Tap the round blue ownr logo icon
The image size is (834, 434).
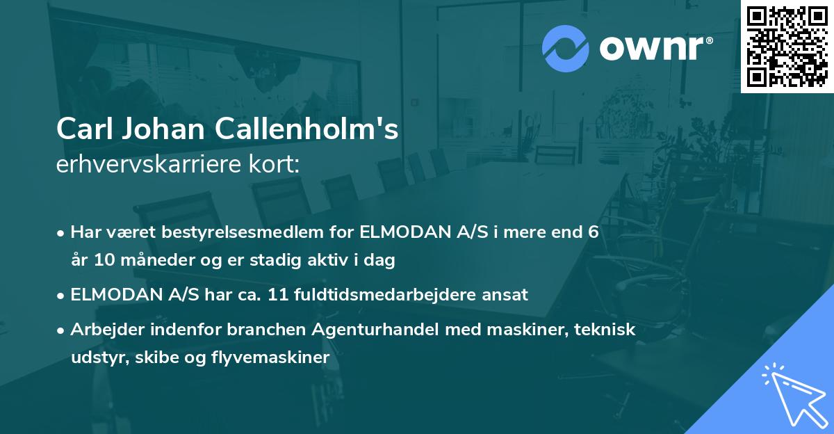tap(566, 49)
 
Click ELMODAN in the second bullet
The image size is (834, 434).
tap(115, 295)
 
